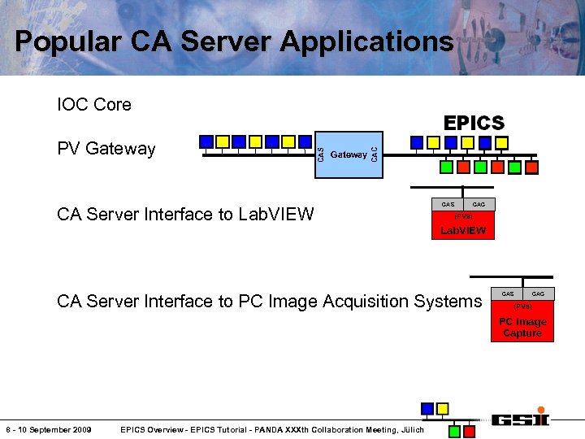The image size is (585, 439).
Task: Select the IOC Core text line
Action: pyautogui.click(x=94, y=105)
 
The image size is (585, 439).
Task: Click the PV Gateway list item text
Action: pyautogui.click(x=106, y=149)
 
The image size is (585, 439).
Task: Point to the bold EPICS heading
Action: pyautogui.click(x=474, y=124)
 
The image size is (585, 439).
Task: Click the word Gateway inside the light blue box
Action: pyautogui.click(x=349, y=154)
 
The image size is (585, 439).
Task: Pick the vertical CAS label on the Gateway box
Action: pyautogui.click(x=320, y=154)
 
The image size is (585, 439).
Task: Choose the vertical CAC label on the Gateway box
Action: pyautogui.click(x=374, y=154)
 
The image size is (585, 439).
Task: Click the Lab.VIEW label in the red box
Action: pyautogui.click(x=463, y=231)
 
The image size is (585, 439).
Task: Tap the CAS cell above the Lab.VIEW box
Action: pyautogui.click(x=448, y=204)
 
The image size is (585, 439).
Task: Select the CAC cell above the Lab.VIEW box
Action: pyautogui.click(x=479, y=204)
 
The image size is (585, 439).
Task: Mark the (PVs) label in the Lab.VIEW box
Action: pyautogui.click(x=463, y=217)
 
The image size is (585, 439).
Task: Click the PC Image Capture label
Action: pyautogui.click(x=522, y=328)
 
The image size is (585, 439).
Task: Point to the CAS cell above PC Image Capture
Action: pyautogui.click(x=508, y=293)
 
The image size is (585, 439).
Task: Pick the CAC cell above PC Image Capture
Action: pyautogui.click(x=538, y=293)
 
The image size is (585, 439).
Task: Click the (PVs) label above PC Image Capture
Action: pyautogui.click(x=522, y=306)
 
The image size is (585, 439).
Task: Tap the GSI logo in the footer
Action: pyautogui.click(x=519, y=419)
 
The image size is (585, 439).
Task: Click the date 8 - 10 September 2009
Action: pyautogui.click(x=49, y=429)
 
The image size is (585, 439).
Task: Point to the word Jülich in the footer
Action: pyautogui.click(x=410, y=429)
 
